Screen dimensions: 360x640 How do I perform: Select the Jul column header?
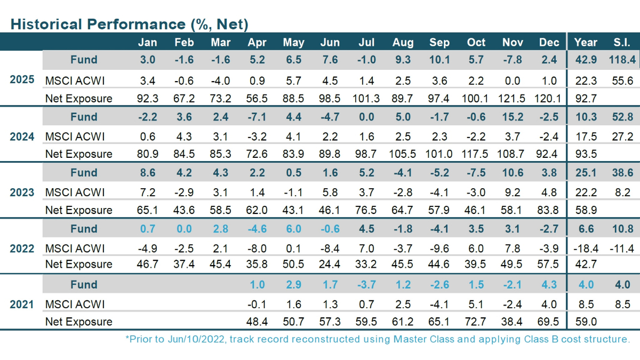tap(366, 43)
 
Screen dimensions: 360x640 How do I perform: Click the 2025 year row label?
tap(22, 80)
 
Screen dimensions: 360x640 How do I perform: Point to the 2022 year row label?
tap(22, 249)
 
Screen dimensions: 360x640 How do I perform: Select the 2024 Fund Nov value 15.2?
tap(513, 117)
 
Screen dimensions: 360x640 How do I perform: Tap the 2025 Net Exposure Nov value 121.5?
tap(513, 98)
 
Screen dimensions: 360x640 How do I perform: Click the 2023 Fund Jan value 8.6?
tap(148, 173)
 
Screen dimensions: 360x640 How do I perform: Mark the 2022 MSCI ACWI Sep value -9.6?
tap(439, 249)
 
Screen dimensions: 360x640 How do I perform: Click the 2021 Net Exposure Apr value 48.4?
tap(257, 322)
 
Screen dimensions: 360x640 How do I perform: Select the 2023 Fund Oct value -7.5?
tap(476, 173)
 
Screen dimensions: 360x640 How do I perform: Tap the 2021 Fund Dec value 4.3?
tap(549, 285)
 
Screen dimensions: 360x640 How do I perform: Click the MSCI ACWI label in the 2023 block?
tap(75, 193)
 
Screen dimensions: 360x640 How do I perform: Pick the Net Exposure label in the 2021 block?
tap(79, 322)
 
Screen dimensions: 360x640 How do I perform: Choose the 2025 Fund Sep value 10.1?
tap(439, 60)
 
